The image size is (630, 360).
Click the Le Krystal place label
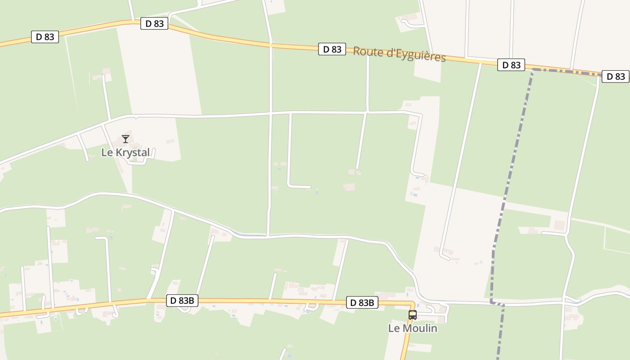125,153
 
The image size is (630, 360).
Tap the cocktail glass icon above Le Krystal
126,139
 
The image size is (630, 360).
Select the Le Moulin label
413,328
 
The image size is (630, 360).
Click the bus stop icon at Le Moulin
413,315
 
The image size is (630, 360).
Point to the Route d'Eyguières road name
399,54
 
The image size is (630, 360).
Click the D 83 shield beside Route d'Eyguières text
332,49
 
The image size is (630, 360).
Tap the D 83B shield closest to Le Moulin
362,303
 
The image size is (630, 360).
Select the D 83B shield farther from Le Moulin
182,301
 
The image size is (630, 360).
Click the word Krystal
133,153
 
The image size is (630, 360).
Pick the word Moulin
420,328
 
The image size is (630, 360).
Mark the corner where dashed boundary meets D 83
533,70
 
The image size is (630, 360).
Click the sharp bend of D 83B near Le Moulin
412,305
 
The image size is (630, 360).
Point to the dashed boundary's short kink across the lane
497,304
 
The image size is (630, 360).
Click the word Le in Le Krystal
107,153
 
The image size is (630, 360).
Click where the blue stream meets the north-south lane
268,235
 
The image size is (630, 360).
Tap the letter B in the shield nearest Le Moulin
371,303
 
